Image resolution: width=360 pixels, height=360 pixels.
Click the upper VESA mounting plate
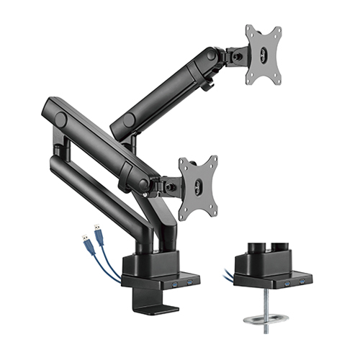tap(263, 54)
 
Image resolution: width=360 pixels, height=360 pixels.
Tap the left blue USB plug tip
tap(84, 233)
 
